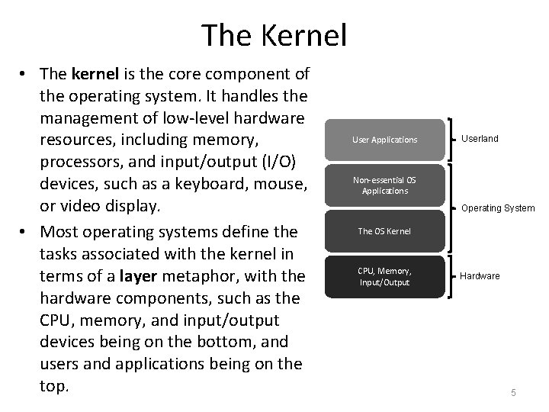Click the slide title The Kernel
coord(274,35)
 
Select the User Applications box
coord(384,140)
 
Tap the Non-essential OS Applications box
coord(384,185)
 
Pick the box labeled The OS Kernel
coord(384,230)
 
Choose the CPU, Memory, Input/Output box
coord(384,276)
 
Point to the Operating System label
coord(498,208)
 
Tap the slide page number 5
coord(513,392)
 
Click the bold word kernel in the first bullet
coord(92,75)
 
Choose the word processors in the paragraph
coord(83,163)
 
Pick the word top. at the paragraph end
coord(53,386)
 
